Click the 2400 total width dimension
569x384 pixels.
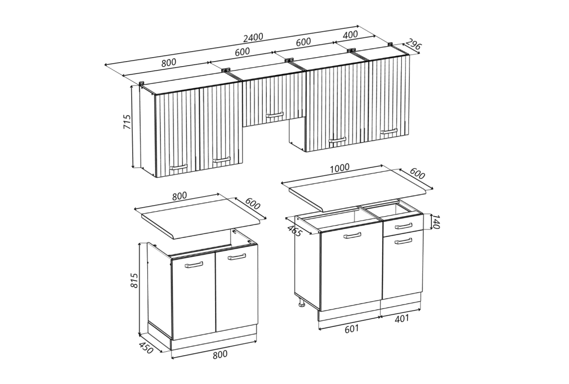(253, 37)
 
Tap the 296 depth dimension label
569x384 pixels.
(413, 44)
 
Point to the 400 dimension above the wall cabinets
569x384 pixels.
(350, 35)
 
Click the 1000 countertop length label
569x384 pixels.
(340, 168)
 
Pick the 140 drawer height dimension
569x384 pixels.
(436, 222)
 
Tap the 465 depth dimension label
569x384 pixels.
(294, 231)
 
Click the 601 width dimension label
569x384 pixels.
(351, 328)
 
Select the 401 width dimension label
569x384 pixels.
(402, 318)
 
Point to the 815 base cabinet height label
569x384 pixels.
(134, 280)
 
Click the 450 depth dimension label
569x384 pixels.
(146, 348)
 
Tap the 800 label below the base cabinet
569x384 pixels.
(220, 354)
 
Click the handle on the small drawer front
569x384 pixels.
(403, 227)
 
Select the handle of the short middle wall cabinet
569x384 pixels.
(274, 116)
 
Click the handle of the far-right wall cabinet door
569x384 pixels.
(388, 131)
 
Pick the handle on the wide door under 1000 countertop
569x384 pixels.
(352, 236)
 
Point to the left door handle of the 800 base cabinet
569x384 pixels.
(194, 266)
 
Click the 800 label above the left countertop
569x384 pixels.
(179, 196)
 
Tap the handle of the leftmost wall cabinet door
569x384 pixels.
(178, 167)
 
